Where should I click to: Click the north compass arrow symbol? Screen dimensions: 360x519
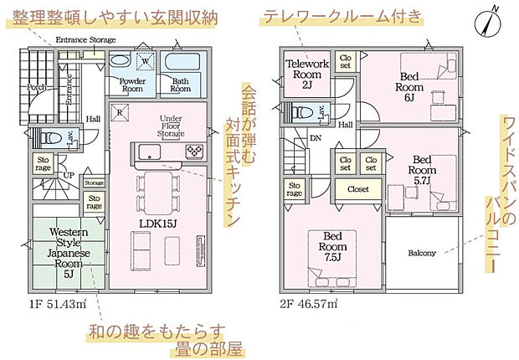[x=490, y=19]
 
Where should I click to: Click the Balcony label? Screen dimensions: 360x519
[x=422, y=253]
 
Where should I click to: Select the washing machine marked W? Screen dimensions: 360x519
[x=144, y=61]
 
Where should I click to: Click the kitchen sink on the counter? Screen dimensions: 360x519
[x=151, y=152]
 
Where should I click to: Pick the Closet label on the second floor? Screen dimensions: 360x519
[x=357, y=189]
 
